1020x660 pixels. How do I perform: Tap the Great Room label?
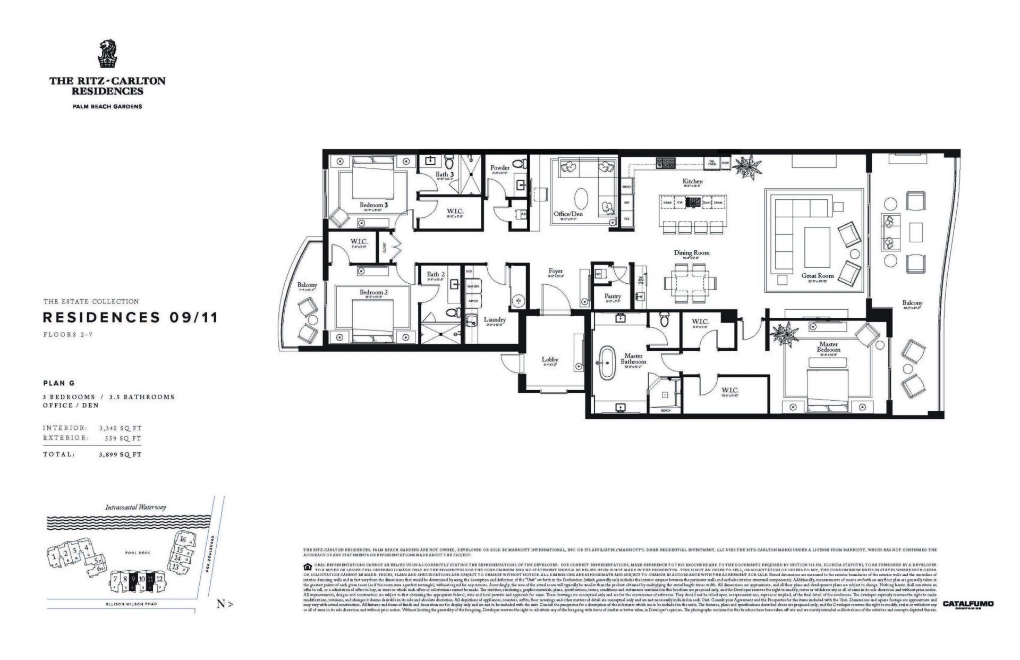tap(818, 276)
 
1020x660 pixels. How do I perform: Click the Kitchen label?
tap(692, 181)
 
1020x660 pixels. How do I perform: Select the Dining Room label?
tap(692, 253)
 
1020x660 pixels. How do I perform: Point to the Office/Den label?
tap(568, 214)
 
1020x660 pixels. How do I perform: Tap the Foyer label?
tap(555, 272)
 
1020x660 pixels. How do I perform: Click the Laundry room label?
tap(495, 320)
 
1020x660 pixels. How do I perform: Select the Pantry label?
tap(613, 297)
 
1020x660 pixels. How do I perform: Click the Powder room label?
tap(500, 168)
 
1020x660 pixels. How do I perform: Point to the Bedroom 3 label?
tap(373, 205)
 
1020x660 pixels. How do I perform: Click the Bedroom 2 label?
tap(373, 292)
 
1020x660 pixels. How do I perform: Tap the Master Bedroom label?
tap(828, 347)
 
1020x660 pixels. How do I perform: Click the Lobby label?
tap(550, 360)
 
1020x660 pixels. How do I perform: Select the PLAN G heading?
tap(59, 383)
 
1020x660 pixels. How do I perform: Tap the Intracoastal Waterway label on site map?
tap(135, 507)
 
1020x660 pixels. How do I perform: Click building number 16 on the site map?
tap(182, 539)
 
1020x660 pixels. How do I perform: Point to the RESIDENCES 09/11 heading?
tap(130, 318)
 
